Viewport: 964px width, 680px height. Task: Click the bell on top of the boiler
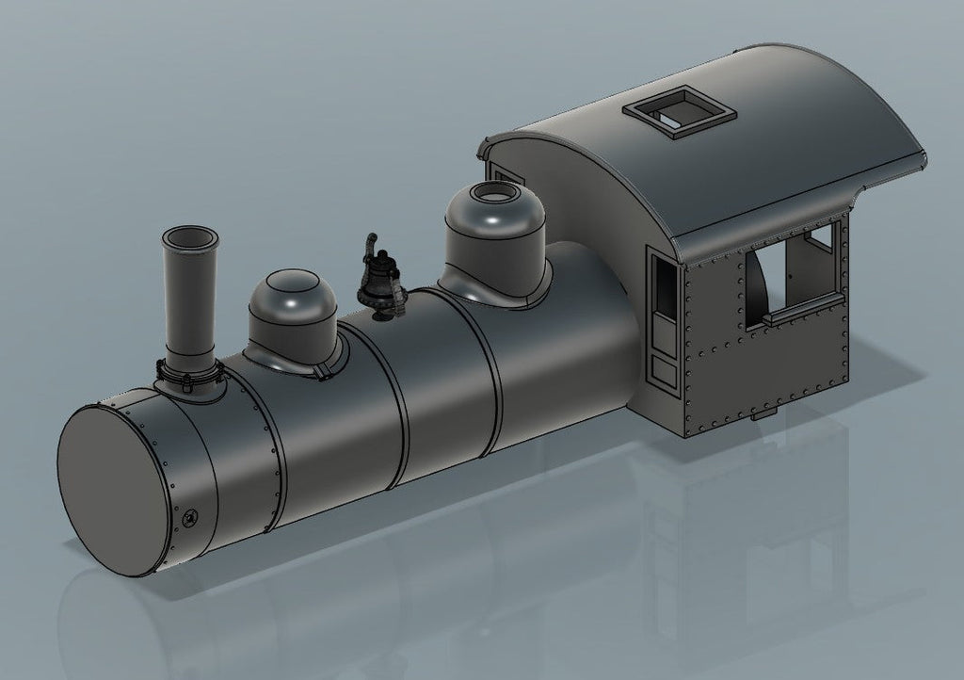coord(379,283)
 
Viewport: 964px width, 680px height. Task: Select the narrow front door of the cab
coord(663,320)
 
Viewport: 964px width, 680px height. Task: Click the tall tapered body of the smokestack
coord(188,301)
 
